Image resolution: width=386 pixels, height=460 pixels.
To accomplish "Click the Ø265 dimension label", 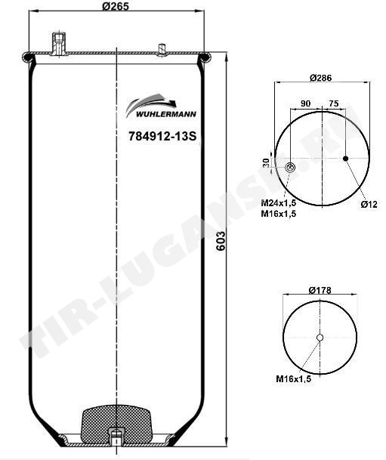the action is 116,6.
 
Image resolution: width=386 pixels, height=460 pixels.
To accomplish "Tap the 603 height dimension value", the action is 221,241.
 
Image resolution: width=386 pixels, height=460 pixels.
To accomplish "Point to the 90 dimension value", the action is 305,103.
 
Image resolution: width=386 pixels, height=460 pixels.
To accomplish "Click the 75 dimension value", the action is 333,103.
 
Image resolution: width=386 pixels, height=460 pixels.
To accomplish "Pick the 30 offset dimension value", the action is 266,162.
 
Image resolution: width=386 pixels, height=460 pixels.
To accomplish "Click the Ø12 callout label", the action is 369,205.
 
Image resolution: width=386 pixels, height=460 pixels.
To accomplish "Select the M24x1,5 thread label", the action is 279,202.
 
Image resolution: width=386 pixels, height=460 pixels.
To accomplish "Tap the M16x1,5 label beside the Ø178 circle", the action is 293,378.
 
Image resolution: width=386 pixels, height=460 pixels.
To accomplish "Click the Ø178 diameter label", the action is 320,290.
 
